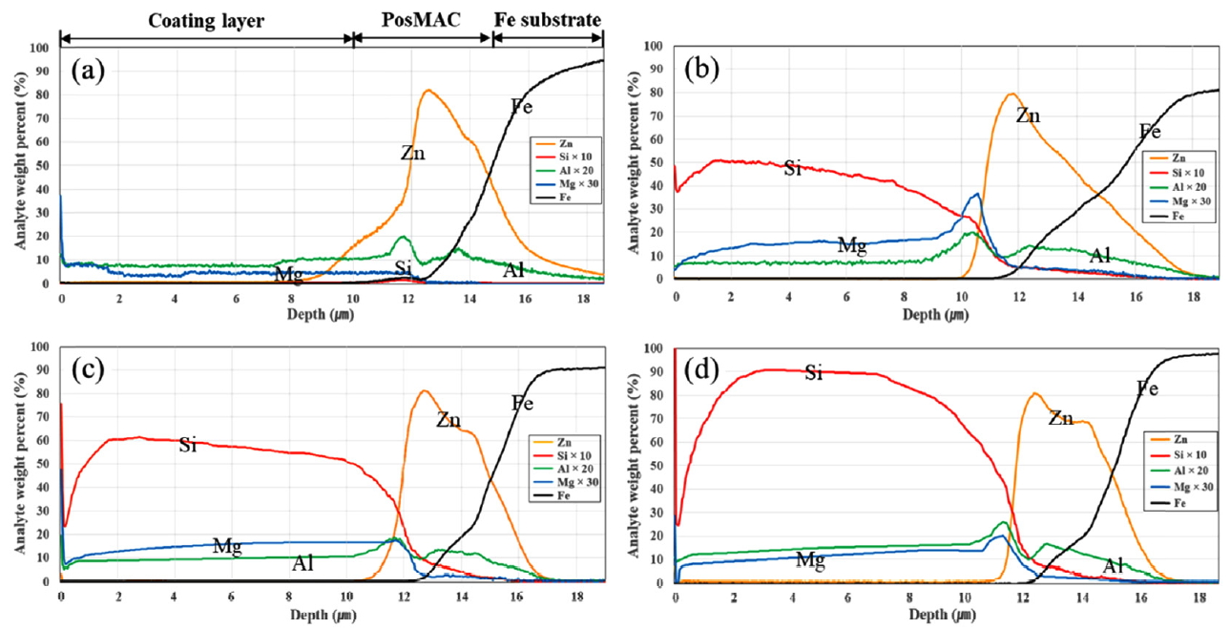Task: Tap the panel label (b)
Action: click(x=704, y=68)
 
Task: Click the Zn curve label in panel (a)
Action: click(x=412, y=152)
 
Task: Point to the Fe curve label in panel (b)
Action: click(x=1150, y=131)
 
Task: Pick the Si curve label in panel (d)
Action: click(x=812, y=372)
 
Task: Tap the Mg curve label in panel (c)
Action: click(x=227, y=547)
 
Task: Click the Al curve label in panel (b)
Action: click(x=1100, y=255)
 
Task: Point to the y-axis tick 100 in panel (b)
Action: click(x=657, y=45)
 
